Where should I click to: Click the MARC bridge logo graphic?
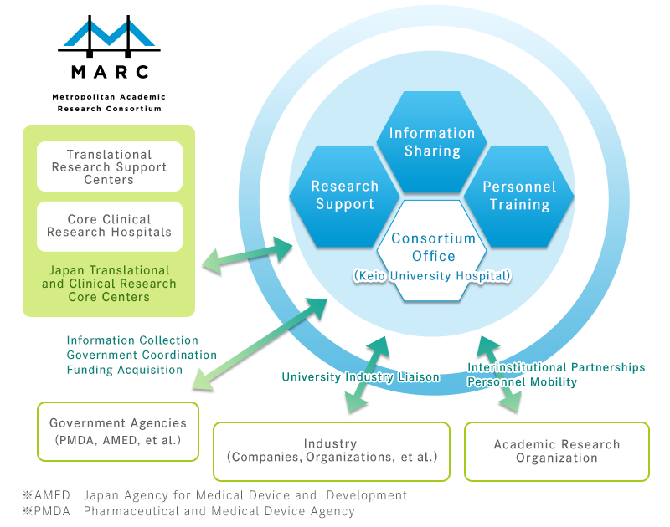coord(109,35)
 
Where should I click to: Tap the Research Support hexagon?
coord(344,196)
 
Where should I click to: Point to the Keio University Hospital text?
coord(432,275)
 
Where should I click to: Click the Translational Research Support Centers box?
coord(109,166)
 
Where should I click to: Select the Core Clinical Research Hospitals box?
coord(109,226)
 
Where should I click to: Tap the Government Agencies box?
coord(118,431)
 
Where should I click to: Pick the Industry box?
coord(331,450)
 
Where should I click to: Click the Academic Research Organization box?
coord(556,451)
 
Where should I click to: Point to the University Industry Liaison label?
coord(360,377)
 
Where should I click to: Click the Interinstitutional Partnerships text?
coord(556,367)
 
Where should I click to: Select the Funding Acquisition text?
coord(125,370)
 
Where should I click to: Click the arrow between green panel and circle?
coord(248,255)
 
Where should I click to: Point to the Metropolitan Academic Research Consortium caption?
coord(109,103)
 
